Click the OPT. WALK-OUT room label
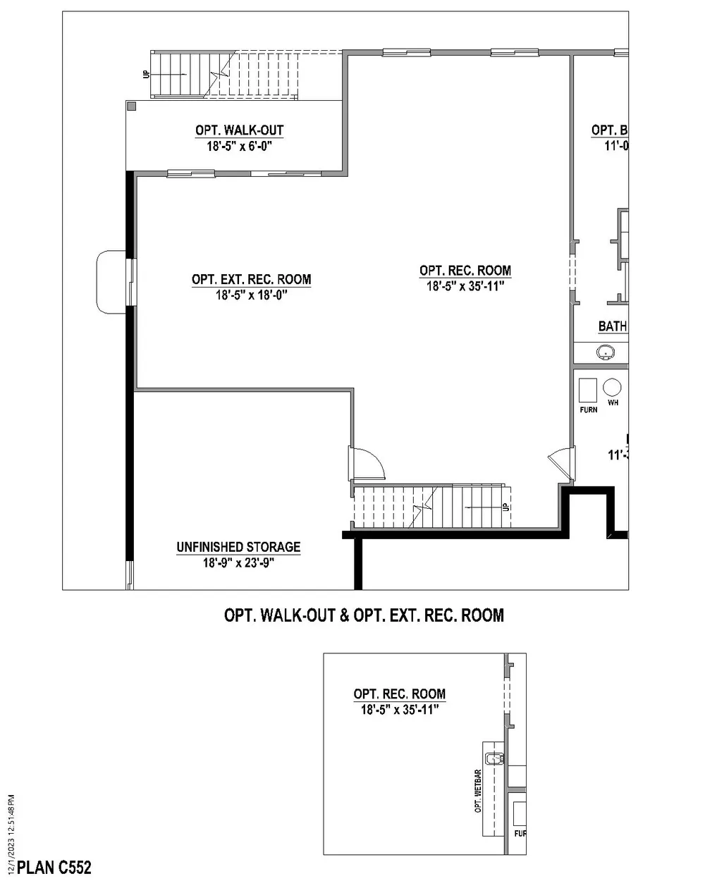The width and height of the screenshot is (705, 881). click(x=239, y=130)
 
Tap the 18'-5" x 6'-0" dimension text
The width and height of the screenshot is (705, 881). click(x=239, y=147)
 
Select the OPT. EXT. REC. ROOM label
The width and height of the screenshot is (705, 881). click(x=251, y=279)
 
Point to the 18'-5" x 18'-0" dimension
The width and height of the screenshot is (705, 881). click(x=251, y=295)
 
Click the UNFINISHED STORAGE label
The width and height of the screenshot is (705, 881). click(x=238, y=547)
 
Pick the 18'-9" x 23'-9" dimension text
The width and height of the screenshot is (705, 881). click(x=238, y=563)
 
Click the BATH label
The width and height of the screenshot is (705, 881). click(x=612, y=326)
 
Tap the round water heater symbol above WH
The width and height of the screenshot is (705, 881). click(x=611, y=388)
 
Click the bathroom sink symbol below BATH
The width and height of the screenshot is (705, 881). click(x=605, y=352)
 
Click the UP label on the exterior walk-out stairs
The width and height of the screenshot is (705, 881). click(x=147, y=73)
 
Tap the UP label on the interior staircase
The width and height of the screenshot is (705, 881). click(x=505, y=507)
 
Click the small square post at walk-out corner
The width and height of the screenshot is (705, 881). click(x=131, y=106)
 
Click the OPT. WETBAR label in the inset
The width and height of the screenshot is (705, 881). click(x=478, y=790)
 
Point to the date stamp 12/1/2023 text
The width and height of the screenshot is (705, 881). click(x=10, y=832)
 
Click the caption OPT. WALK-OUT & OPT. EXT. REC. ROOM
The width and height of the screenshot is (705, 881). click(x=364, y=615)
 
